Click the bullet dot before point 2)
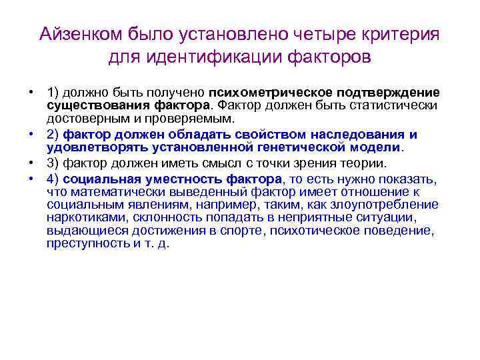[x=31, y=133]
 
